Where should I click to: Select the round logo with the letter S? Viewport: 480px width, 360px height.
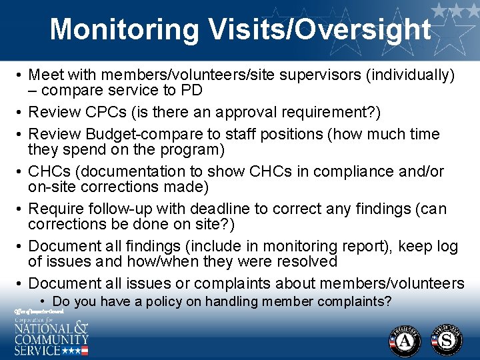[447, 340]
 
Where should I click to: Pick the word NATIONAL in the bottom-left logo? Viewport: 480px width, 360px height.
[42, 328]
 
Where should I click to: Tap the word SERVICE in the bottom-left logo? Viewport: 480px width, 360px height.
[37, 349]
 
